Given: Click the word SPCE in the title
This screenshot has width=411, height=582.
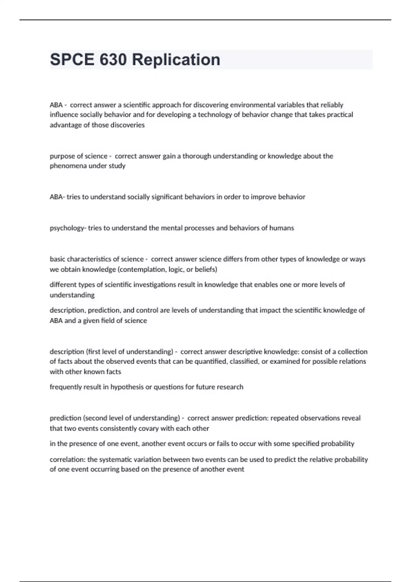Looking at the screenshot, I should (x=72, y=60).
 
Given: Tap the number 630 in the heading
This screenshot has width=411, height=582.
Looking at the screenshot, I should (x=113, y=60).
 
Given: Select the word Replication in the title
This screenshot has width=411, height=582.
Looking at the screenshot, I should (x=176, y=60).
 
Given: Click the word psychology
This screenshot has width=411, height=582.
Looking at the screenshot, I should (x=67, y=228).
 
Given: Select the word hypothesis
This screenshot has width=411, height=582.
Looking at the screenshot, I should (x=127, y=387).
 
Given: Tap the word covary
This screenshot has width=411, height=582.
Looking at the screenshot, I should (x=150, y=429).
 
